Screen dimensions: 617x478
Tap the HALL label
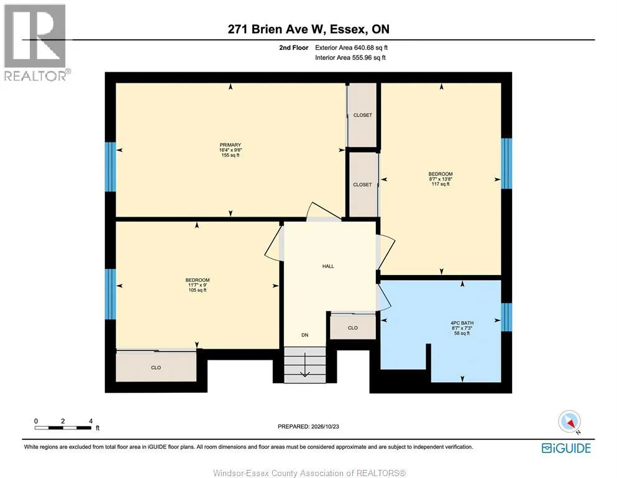pyautogui.click(x=328, y=266)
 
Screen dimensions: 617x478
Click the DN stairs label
pyautogui.click(x=305, y=335)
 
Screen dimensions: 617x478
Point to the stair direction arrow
pyautogui.click(x=305, y=365)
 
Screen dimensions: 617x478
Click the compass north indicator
pyautogui.click(x=569, y=421)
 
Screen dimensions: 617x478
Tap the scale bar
pyautogui.click(x=63, y=428)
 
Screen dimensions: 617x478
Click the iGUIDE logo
pyautogui.click(x=566, y=448)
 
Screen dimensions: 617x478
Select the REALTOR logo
pyautogui.click(x=37, y=42)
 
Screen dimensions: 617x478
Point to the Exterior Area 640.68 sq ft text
pyautogui.click(x=352, y=48)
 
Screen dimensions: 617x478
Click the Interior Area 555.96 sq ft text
pyautogui.click(x=350, y=57)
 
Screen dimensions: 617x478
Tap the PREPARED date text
pyautogui.click(x=308, y=426)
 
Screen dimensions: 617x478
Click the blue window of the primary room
pyautogui.click(x=110, y=167)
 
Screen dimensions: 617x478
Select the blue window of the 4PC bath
pyautogui.click(x=506, y=317)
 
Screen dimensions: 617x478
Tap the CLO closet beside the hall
pyautogui.click(x=352, y=327)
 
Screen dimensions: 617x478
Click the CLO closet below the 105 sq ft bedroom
pyautogui.click(x=156, y=367)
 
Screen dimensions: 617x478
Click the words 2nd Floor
pyautogui.click(x=294, y=48)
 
